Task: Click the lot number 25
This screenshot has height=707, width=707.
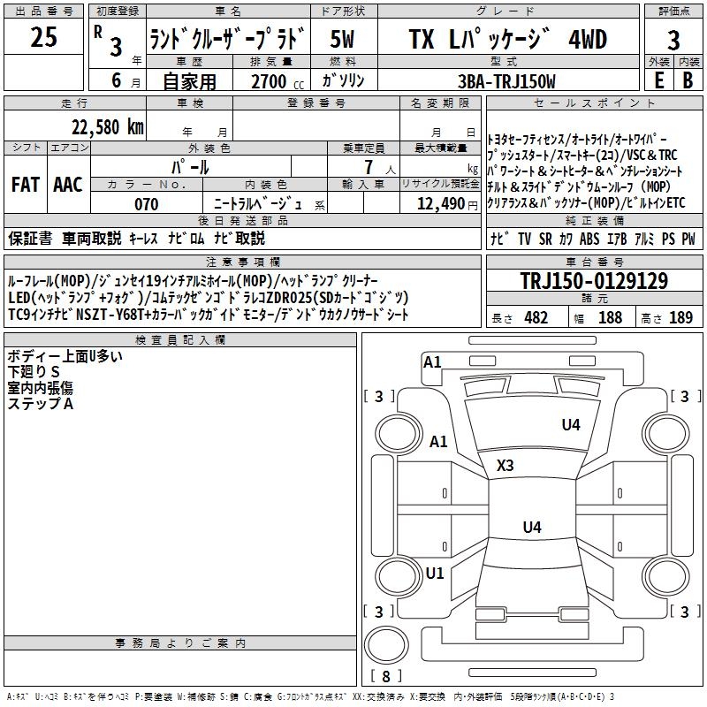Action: pyautogui.click(x=44, y=38)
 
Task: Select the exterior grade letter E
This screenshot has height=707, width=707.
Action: pyautogui.click(x=658, y=80)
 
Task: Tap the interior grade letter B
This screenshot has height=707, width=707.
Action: pyautogui.click(x=688, y=80)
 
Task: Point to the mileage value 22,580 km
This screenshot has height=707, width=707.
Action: pyautogui.click(x=107, y=126)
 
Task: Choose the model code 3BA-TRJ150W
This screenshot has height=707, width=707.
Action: pyautogui.click(x=506, y=81)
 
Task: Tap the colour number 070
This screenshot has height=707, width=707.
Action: pyautogui.click(x=147, y=204)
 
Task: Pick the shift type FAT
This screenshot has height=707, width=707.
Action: pyautogui.click(x=26, y=185)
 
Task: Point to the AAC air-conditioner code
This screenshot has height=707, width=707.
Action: pyautogui.click(x=68, y=185)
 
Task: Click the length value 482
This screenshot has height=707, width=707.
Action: pyautogui.click(x=536, y=317)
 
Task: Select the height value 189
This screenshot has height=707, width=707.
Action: pyautogui.click(x=680, y=317)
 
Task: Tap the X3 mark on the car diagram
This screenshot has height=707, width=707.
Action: pyautogui.click(x=506, y=465)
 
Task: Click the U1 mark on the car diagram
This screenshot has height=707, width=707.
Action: pyautogui.click(x=435, y=573)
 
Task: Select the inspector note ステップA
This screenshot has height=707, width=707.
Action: pyautogui.click(x=40, y=403)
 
